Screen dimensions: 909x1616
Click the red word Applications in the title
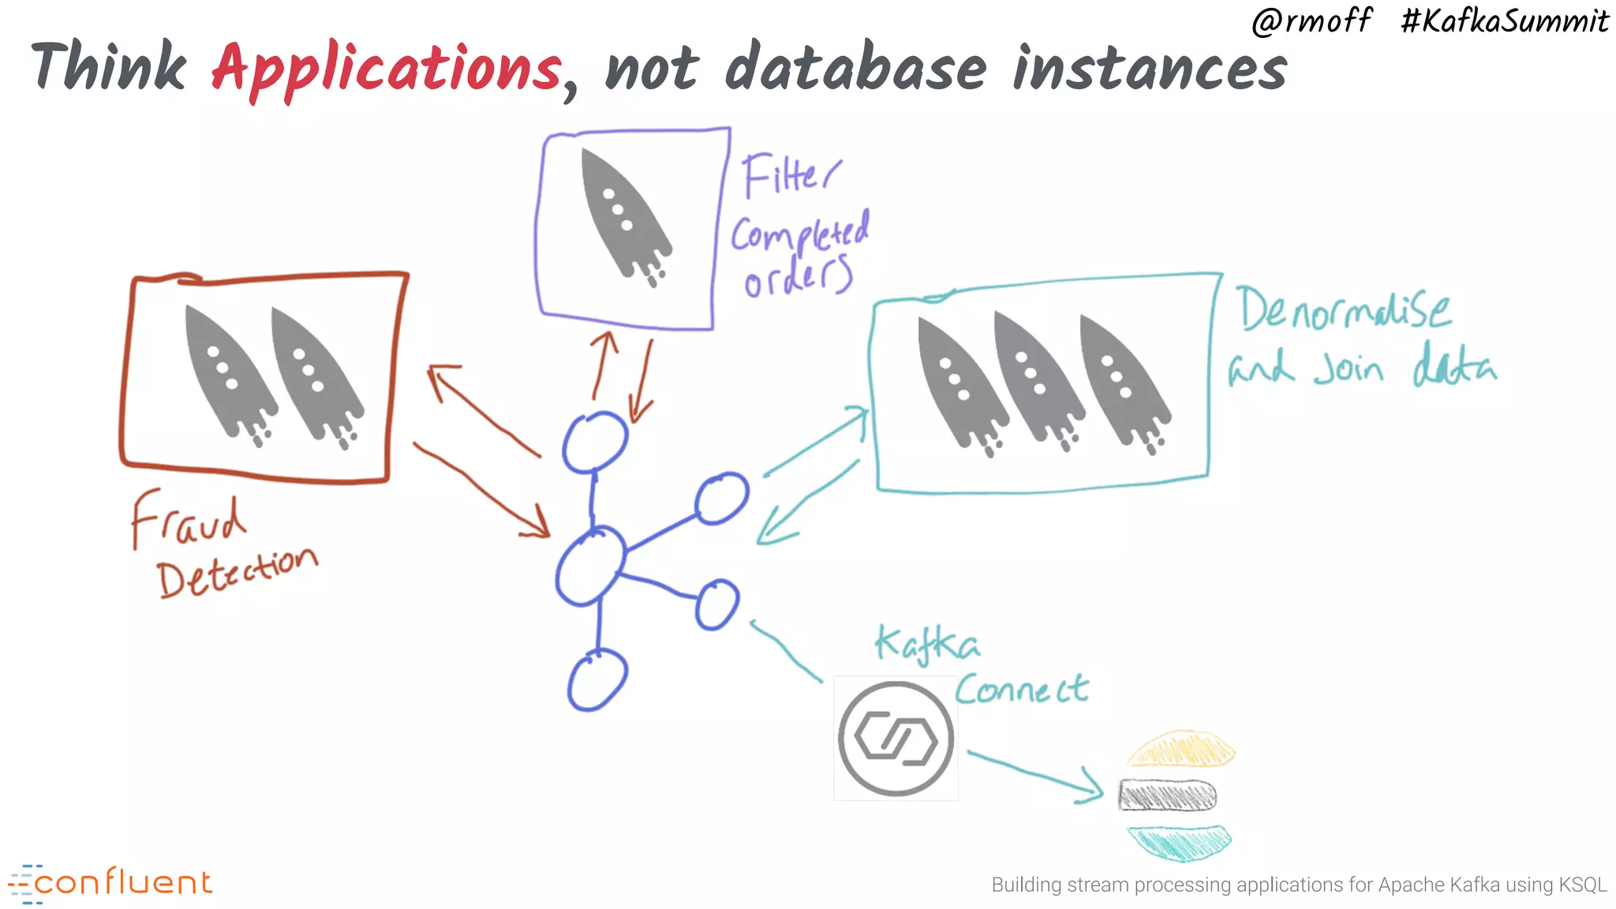pyautogui.click(x=387, y=69)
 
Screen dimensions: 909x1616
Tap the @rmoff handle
pyautogui.click(x=1311, y=21)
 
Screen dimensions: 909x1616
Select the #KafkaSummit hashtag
pyautogui.click(x=1504, y=21)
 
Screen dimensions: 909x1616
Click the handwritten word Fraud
pyautogui.click(x=188, y=520)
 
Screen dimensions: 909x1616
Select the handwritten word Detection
pyautogui.click(x=237, y=571)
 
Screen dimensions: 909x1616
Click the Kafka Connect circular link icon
pyautogui.click(x=896, y=739)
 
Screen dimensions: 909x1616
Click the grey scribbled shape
pyautogui.click(x=1168, y=795)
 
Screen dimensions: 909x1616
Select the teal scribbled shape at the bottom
pyautogui.click(x=1180, y=841)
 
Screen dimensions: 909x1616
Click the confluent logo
pyautogui.click(x=110, y=883)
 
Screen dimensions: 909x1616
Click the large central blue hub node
pyautogui.click(x=590, y=565)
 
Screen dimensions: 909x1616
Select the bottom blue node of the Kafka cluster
pyautogui.click(x=597, y=679)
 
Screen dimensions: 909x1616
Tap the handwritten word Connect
pyautogui.click(x=1022, y=690)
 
